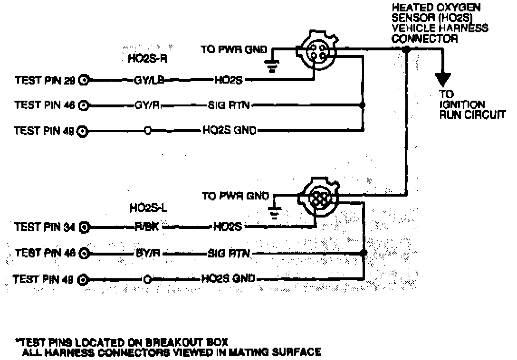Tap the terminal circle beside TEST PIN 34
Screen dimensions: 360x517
tap(84, 227)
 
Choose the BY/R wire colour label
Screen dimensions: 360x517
tap(146, 253)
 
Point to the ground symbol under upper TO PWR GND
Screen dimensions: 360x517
tap(272, 67)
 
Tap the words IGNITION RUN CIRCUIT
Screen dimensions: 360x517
tap(468, 109)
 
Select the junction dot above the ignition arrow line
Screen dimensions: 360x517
tap(406, 49)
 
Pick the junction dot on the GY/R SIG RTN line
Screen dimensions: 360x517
tap(363, 105)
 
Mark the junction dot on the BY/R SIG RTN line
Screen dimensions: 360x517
tap(364, 253)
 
